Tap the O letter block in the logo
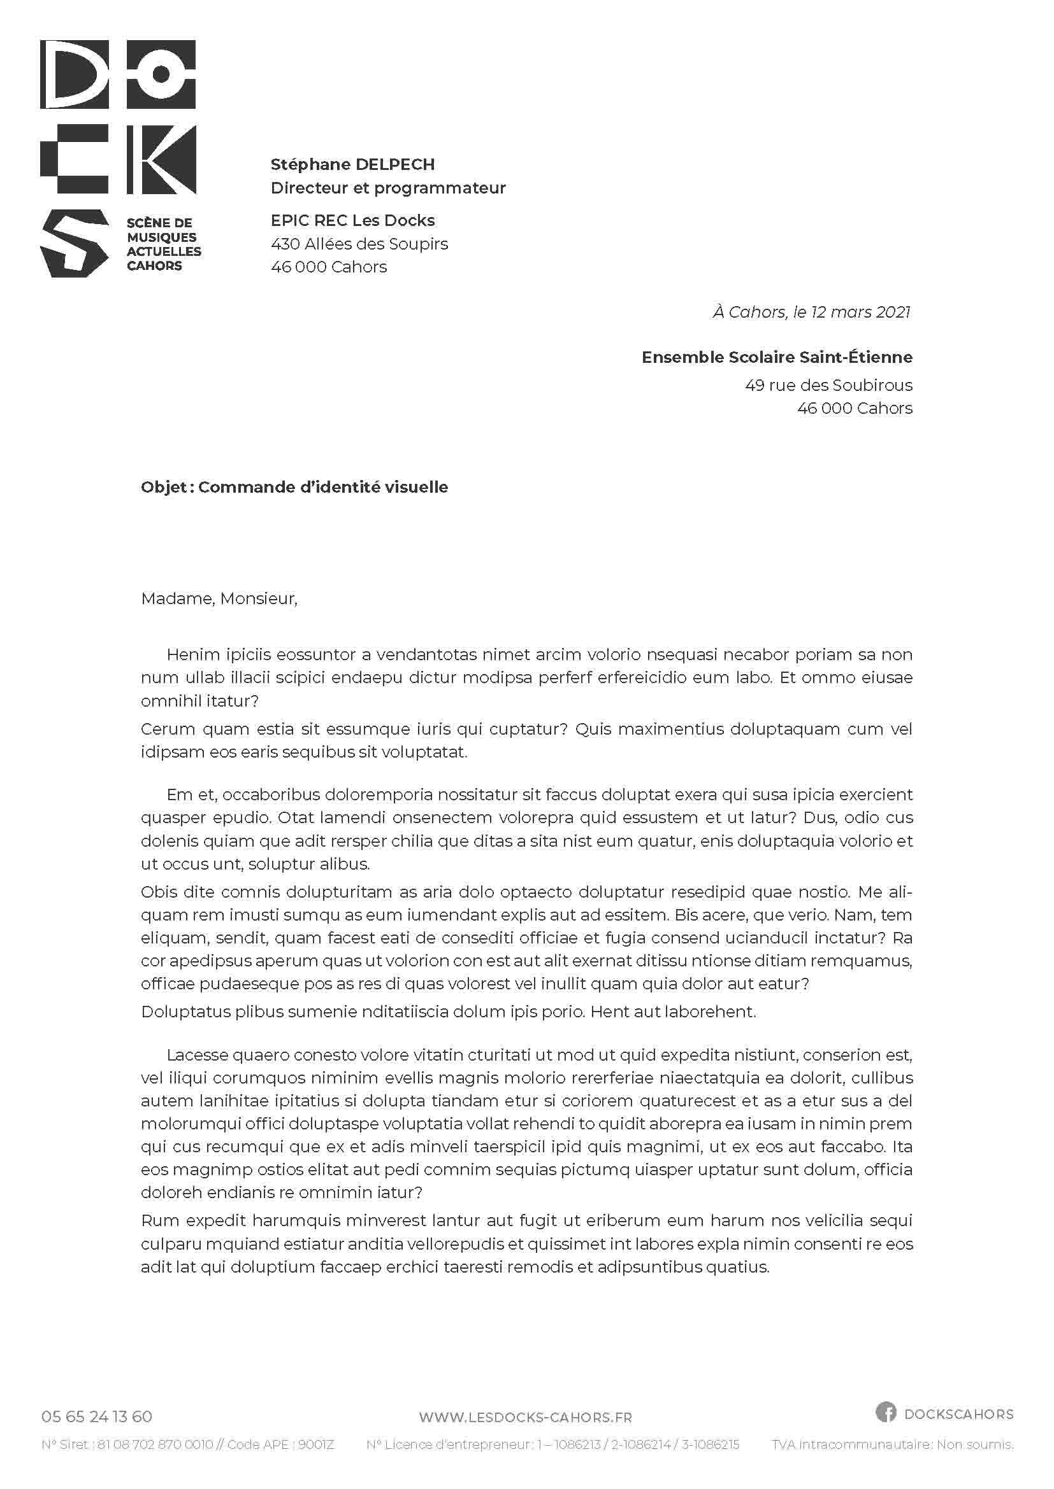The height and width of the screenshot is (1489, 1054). (161, 74)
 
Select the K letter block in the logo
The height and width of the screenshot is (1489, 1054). (161, 159)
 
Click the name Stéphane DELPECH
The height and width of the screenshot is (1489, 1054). (352, 165)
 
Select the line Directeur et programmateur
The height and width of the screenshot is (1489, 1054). (387, 188)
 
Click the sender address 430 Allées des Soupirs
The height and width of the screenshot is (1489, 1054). (359, 244)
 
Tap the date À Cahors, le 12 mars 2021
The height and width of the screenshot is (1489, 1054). (811, 312)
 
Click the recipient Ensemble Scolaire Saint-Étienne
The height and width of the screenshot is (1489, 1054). (777, 357)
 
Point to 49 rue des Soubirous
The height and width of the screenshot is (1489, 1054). (828, 385)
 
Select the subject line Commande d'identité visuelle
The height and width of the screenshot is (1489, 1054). (322, 487)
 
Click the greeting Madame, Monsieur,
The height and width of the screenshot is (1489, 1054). (219, 598)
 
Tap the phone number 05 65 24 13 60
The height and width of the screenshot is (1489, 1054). (97, 1416)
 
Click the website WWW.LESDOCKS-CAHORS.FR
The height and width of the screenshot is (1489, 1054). (525, 1418)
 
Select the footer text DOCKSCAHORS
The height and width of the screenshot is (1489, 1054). (958, 1414)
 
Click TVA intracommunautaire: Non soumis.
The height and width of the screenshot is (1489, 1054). (892, 1444)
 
